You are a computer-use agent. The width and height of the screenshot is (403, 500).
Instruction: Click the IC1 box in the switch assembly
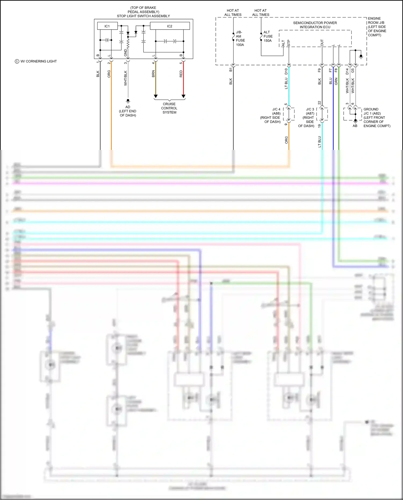107,26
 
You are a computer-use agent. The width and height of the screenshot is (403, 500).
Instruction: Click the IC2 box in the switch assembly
170,26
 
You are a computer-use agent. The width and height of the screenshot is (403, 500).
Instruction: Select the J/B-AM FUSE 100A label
240,38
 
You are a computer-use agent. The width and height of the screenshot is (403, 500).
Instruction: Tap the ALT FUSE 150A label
268,36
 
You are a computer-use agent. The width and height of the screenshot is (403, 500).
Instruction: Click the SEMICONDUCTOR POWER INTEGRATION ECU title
315,25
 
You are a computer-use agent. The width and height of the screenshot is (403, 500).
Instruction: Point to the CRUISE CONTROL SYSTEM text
169,108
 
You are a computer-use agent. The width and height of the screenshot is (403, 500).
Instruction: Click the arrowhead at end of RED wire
183,96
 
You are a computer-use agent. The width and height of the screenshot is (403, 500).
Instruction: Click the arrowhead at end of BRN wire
156,96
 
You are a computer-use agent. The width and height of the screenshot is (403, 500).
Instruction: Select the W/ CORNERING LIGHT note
36,61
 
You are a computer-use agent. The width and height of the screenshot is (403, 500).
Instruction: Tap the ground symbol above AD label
128,101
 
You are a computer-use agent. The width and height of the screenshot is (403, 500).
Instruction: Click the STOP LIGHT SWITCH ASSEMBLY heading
143,16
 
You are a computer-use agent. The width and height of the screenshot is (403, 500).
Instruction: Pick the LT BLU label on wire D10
286,83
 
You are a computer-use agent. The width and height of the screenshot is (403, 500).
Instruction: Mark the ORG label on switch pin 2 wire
109,74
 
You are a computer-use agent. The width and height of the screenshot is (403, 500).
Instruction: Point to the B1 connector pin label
231,70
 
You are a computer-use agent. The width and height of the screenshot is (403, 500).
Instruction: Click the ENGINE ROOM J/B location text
377,27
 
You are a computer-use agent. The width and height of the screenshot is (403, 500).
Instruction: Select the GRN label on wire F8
336,81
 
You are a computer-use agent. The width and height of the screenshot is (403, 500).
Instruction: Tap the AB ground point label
355,126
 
